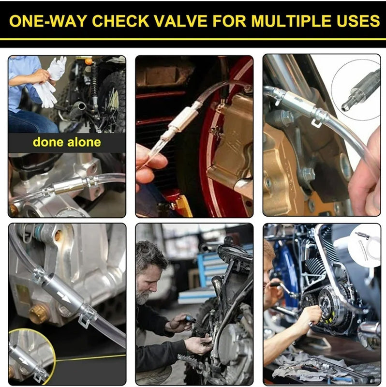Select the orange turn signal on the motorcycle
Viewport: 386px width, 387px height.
(x=88, y=61)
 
